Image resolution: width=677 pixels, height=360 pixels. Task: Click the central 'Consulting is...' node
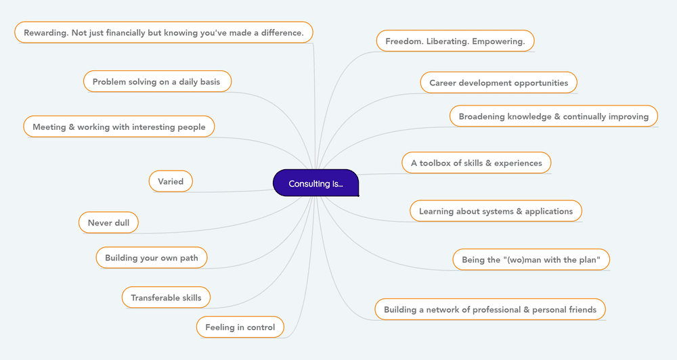click(315, 183)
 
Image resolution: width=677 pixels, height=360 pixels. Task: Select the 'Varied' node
click(171, 181)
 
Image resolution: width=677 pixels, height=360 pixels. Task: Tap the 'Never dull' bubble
click(108, 223)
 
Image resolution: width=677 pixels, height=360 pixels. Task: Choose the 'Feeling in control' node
click(240, 328)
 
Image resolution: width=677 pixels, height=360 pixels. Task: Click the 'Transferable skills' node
click(166, 298)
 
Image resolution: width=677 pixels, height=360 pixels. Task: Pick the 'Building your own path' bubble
click(151, 258)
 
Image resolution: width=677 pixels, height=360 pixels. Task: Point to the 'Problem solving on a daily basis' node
click(156, 82)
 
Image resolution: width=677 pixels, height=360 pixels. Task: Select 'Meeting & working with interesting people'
click(118, 127)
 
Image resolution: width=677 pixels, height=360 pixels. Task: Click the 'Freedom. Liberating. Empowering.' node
click(455, 41)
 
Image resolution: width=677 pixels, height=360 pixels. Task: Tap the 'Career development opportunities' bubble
click(498, 83)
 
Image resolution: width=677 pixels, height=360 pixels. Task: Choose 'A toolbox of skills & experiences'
click(476, 163)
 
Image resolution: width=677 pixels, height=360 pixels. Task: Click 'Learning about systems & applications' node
click(496, 211)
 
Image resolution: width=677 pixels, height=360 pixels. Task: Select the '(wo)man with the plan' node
click(531, 260)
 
